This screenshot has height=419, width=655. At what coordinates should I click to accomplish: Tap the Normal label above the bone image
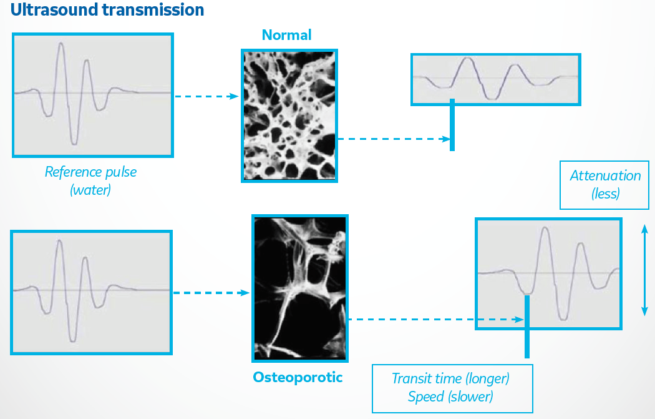coord(286,35)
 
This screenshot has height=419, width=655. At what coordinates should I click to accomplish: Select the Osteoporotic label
coord(298,377)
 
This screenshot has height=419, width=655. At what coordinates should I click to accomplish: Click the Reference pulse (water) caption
coord(90,180)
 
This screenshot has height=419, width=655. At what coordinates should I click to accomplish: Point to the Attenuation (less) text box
coord(604,185)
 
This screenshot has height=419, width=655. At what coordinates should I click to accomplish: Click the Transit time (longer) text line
coord(450,378)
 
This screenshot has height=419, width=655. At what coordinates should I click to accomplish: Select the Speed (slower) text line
coord(450,397)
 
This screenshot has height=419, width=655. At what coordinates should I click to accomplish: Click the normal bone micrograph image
coord(289,116)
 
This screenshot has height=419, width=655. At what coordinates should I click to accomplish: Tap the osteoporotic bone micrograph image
coord(300,288)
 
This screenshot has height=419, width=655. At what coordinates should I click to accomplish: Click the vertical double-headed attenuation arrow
coord(644,270)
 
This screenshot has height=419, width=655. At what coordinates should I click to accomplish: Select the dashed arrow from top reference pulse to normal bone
coord(206,96)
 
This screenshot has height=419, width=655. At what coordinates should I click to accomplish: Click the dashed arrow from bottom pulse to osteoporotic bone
coord(211,293)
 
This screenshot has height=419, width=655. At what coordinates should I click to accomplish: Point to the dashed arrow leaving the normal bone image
coord(394,139)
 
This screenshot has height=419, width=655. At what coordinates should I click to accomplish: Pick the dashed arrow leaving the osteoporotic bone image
coord(435,320)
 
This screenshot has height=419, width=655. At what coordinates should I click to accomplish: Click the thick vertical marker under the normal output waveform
coord(452,125)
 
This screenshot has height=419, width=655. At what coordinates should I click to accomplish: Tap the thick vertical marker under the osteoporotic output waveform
coord(527,327)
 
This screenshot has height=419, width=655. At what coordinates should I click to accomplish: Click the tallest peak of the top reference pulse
coord(61,44)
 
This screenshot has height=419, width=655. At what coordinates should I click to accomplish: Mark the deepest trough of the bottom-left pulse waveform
coord(73,341)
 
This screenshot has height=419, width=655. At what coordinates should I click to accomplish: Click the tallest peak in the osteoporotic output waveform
coord(545,229)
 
